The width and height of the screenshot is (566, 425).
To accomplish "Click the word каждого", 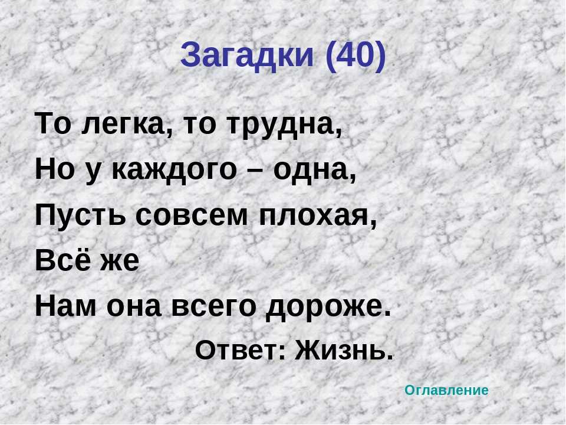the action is (x=173, y=170).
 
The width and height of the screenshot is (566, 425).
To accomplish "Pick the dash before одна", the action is (x=255, y=171).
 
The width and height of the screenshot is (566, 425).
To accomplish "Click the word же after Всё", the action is (x=120, y=262).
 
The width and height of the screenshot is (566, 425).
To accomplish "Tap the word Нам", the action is (x=65, y=306).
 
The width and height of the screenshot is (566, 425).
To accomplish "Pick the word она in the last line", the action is (x=134, y=308).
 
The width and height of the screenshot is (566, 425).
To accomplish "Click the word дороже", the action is (x=328, y=308).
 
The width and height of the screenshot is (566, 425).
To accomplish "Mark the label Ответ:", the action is (x=240, y=350).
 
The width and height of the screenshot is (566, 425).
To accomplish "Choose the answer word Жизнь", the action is (x=344, y=350).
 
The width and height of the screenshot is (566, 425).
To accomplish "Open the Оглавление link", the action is (x=446, y=390).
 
